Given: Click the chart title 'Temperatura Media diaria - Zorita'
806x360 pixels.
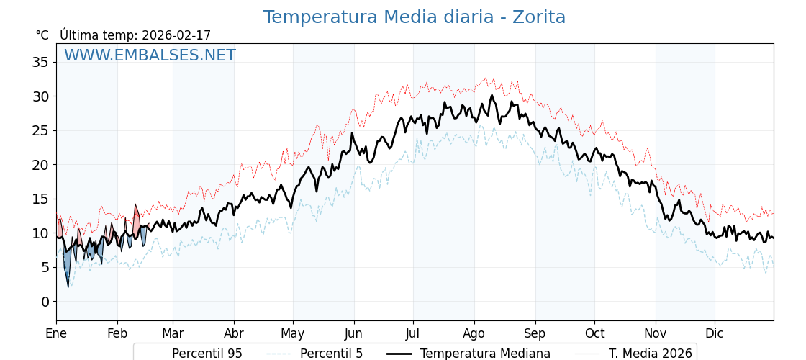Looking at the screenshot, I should tap(414, 17).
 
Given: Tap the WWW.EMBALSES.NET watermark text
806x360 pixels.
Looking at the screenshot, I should tap(150, 55).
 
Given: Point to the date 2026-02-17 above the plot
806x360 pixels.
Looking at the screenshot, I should tap(176, 35).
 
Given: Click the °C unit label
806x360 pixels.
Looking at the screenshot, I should tap(42, 35).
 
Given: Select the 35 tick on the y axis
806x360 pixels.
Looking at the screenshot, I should tap(40, 62).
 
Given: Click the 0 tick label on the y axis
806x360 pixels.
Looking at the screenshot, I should tap(45, 302).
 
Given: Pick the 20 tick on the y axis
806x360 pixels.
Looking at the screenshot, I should tap(40, 165).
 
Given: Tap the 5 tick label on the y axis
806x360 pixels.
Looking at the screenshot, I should tap(45, 267).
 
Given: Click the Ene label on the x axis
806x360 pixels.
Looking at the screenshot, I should tap(56, 333).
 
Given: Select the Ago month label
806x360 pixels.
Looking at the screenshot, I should tap(474, 333).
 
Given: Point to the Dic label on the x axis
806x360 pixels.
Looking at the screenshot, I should tap(715, 333).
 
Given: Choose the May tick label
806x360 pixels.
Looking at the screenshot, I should tap(293, 333).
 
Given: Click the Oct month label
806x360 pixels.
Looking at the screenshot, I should tap(594, 333).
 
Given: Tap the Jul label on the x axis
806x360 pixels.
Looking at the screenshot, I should tap(413, 333).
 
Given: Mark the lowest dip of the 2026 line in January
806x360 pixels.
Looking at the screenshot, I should tap(68, 286).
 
